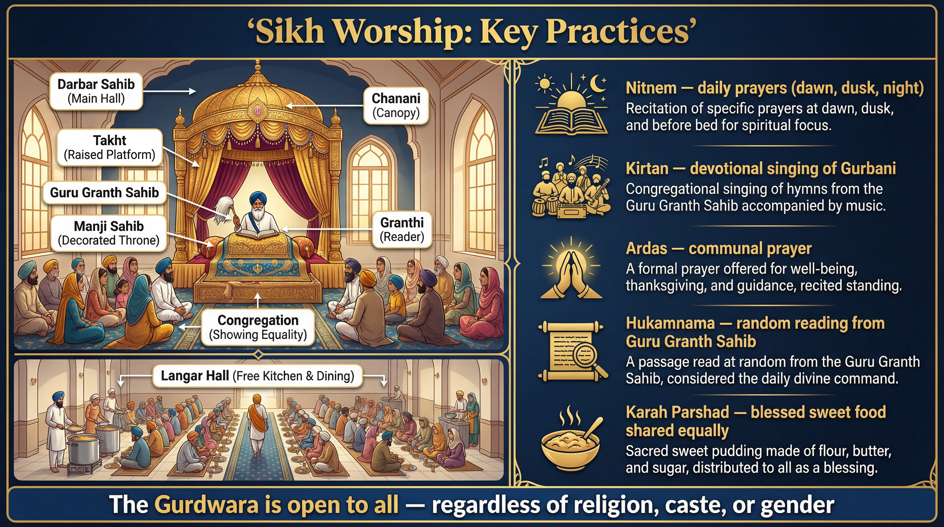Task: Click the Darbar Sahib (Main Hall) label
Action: coord(96,91)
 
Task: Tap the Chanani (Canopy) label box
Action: coord(396,106)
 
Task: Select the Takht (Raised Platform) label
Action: coord(109,147)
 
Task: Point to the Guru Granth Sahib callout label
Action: coord(104,192)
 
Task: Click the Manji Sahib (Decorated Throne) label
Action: coord(108,233)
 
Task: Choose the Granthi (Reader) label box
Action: coord(402,230)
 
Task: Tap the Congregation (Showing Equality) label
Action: coord(258,327)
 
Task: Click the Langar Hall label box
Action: coord(257,376)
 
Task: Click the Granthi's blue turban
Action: coord(258,198)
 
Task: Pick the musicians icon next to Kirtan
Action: coord(571,187)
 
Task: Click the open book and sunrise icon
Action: coord(571,106)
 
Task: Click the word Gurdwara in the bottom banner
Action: coord(206,505)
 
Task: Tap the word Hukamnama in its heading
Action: coord(670,323)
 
